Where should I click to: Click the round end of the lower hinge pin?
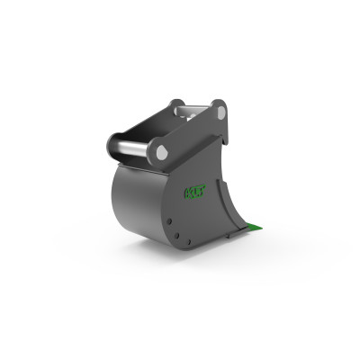(162, 152)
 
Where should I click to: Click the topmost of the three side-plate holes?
(168, 217)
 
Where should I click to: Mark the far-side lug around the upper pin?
(175, 104)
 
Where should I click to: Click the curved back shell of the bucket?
(135, 202)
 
